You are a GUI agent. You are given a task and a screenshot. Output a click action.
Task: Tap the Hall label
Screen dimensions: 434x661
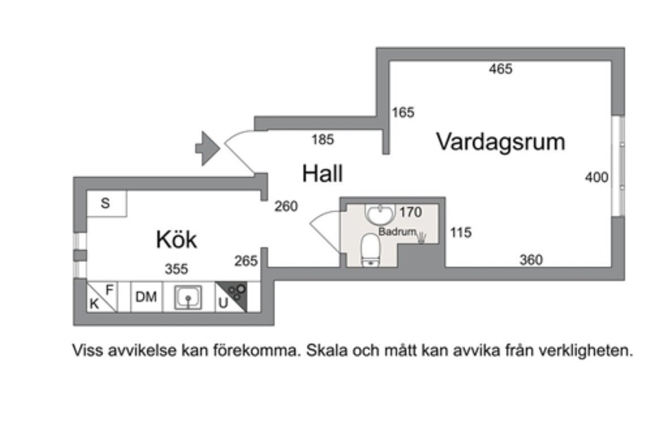click(322, 174)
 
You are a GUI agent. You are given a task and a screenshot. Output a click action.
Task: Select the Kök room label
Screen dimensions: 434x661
click(176, 240)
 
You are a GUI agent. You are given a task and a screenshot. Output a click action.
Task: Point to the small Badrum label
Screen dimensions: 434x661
click(397, 232)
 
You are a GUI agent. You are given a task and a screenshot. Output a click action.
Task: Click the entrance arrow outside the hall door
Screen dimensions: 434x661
click(206, 148)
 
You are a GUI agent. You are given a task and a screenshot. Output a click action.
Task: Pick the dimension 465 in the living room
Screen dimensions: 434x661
click(500, 69)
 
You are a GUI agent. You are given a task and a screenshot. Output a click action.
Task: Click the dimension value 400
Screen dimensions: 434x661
click(597, 178)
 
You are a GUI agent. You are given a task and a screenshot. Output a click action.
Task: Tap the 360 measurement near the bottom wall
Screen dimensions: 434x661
click(531, 260)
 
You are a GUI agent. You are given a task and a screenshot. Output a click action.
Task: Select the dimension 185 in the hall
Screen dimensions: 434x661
click(323, 139)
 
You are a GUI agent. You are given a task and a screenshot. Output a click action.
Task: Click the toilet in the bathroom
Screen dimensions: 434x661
click(371, 250)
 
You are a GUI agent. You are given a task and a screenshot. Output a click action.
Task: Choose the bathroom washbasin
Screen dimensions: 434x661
click(379, 214)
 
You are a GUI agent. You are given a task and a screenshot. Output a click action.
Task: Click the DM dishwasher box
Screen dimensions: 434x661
click(146, 297)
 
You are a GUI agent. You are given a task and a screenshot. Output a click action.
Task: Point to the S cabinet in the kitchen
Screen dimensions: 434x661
click(106, 203)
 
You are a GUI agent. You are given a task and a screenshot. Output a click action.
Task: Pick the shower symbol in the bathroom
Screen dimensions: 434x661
click(422, 236)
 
